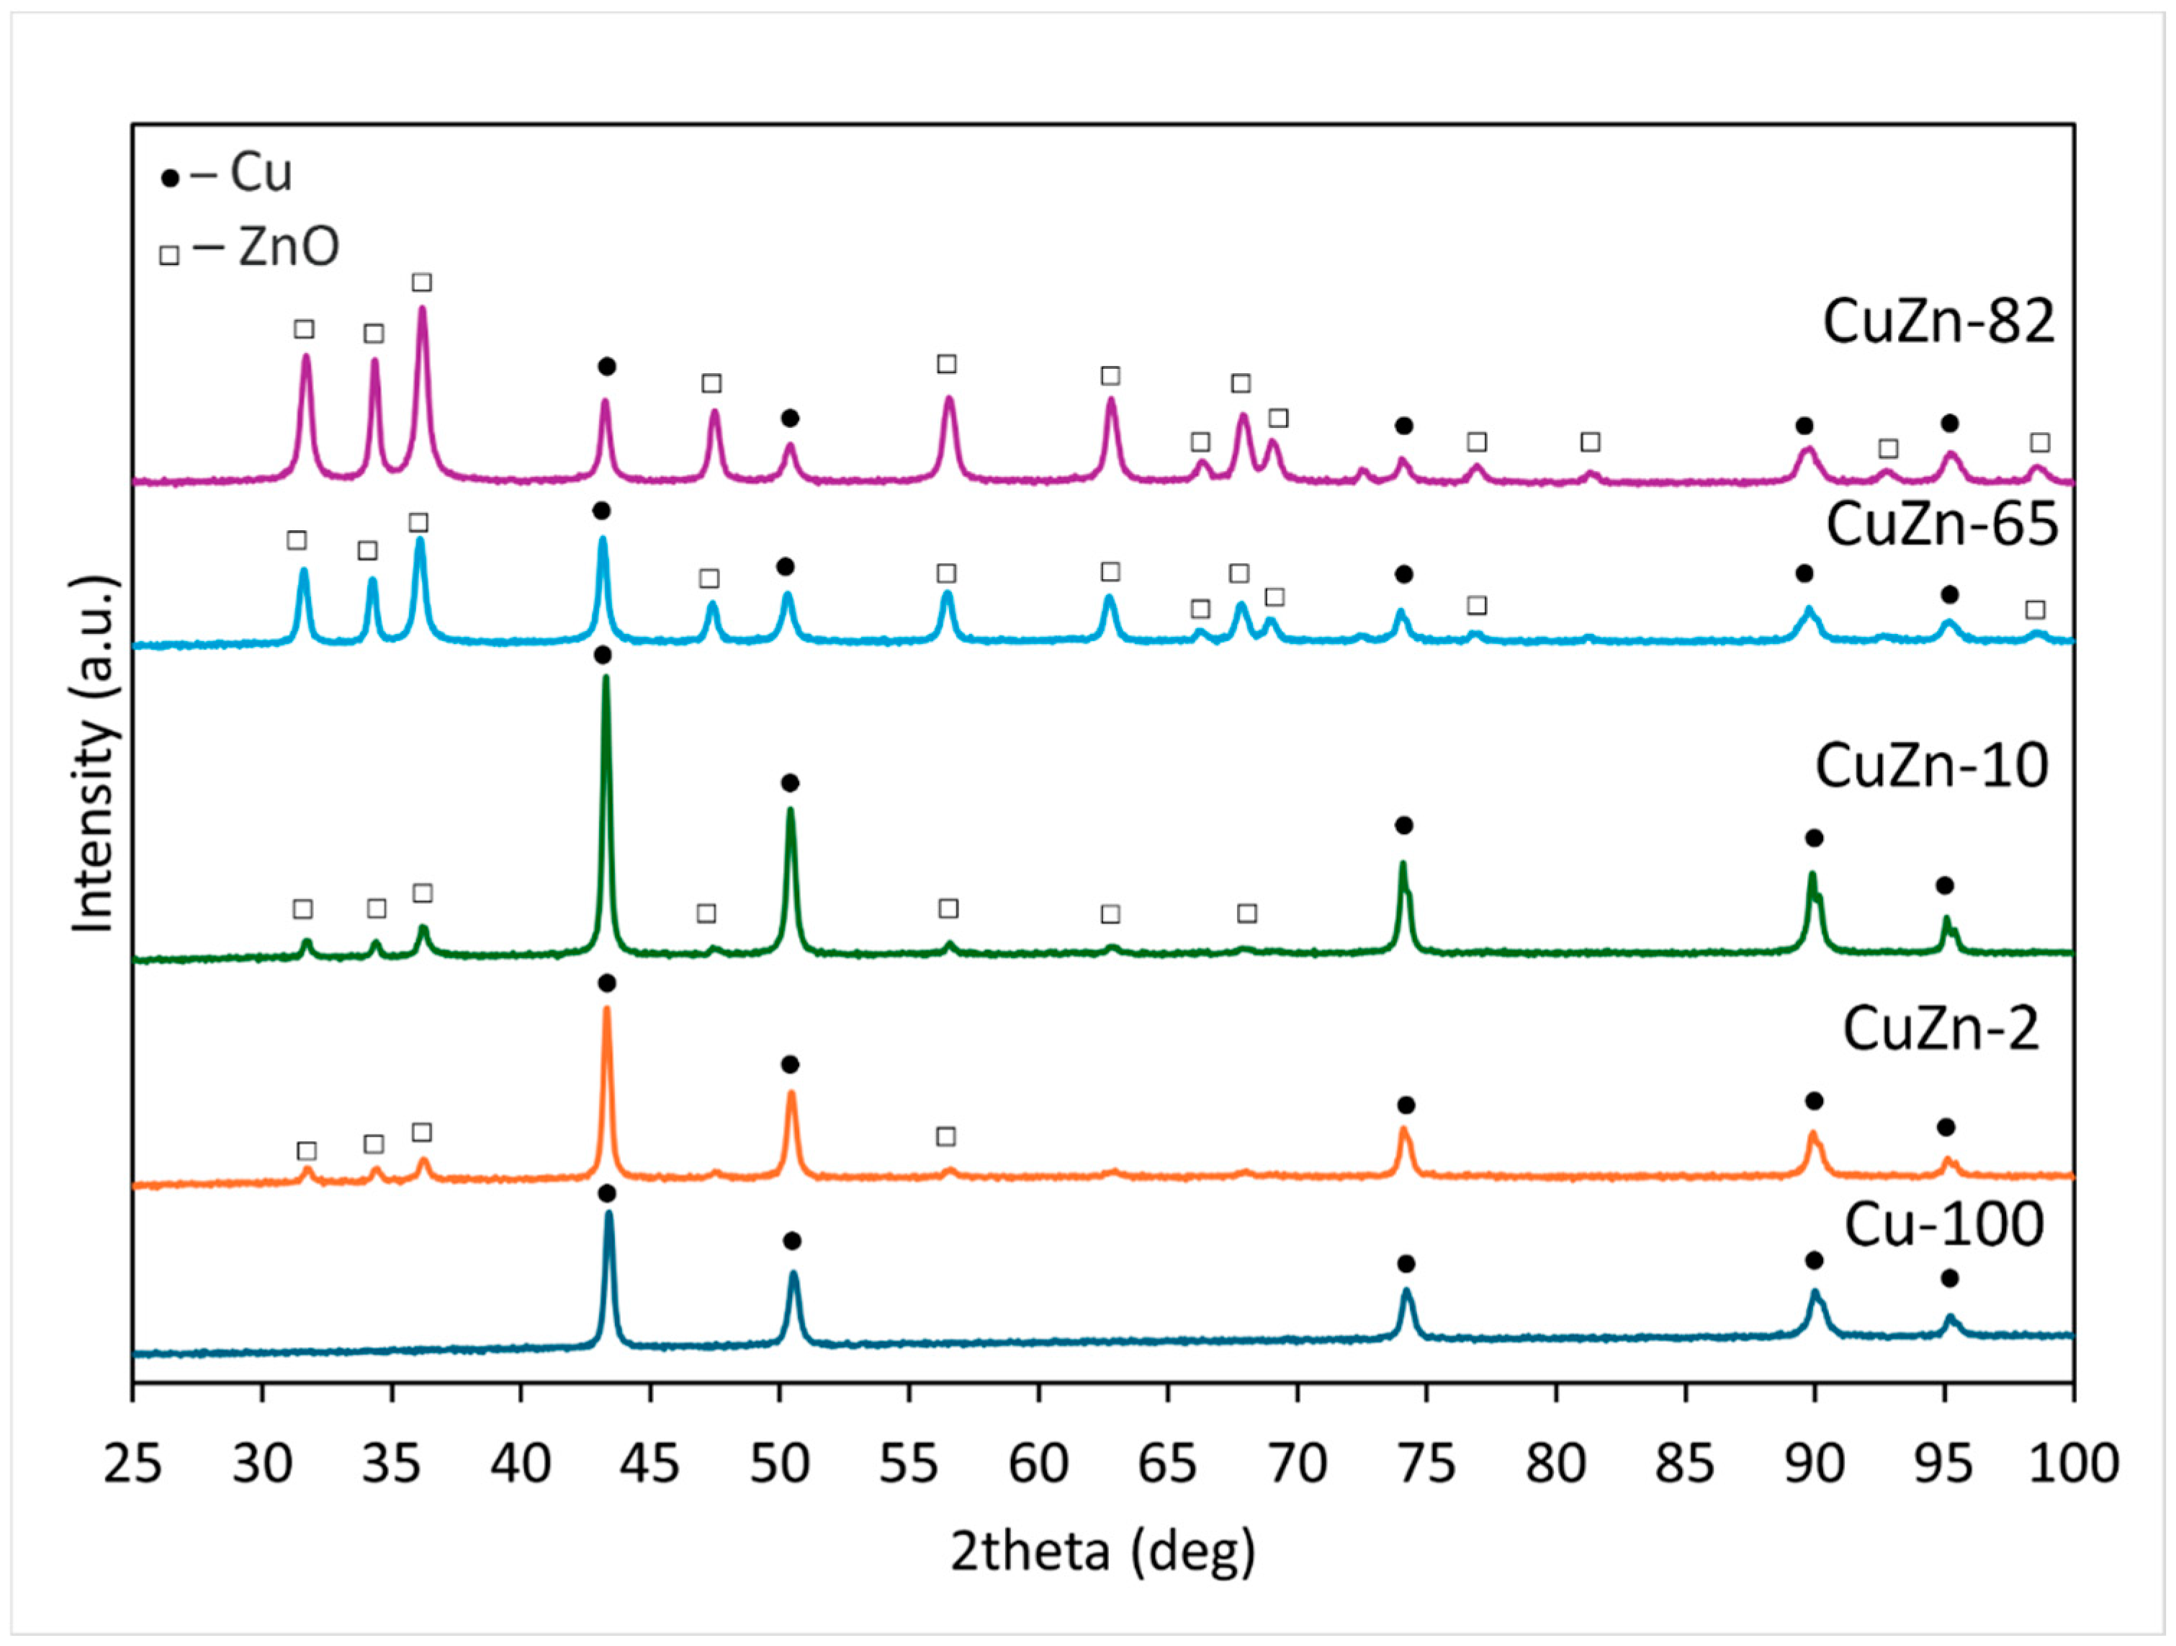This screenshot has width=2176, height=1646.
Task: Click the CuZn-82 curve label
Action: tap(1938, 322)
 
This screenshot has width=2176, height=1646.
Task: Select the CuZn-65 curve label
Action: tap(1941, 524)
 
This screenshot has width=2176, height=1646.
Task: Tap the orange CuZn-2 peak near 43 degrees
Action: tap(606, 1011)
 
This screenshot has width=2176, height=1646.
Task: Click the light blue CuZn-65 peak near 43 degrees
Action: tap(603, 540)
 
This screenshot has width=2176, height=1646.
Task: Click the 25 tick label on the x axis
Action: tap(132, 1464)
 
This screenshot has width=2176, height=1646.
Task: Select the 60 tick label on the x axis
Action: tap(1039, 1464)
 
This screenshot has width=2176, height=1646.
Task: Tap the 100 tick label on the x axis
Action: tap(2074, 1464)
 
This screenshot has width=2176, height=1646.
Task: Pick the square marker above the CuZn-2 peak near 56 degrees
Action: tap(945, 1137)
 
